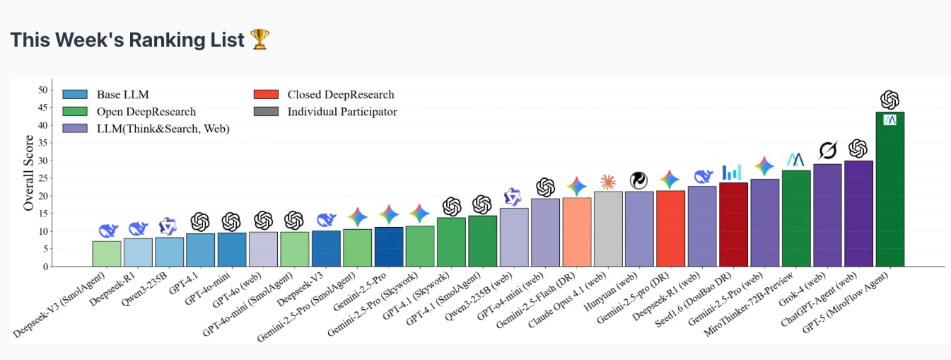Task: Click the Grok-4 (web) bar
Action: pos(827,216)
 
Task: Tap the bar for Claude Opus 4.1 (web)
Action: pos(608,229)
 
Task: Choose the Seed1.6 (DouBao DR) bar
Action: pos(733,225)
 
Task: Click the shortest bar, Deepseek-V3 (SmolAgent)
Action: pos(107,254)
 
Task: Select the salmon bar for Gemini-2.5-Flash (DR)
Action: pos(577,232)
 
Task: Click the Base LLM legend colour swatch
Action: pos(75,94)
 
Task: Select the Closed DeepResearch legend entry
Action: pos(340,94)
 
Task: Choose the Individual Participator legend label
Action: pos(342,111)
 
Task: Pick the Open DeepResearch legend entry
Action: pos(146,111)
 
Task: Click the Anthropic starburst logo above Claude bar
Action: pos(608,182)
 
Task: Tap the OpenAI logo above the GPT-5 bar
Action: pos(889,100)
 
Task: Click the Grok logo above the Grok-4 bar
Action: pos(827,150)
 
